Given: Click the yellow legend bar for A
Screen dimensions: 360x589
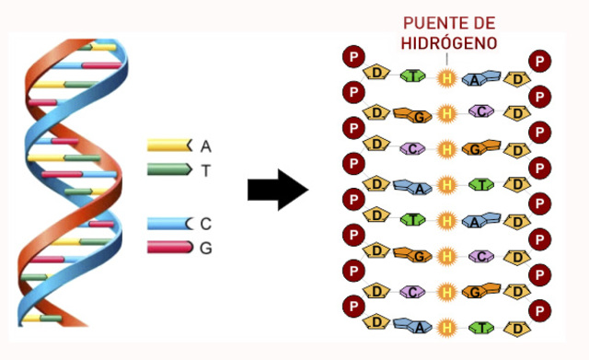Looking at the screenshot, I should click(x=167, y=145).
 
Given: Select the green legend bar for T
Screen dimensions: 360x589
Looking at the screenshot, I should click(x=167, y=170).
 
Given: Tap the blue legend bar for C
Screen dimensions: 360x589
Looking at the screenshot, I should click(x=167, y=224).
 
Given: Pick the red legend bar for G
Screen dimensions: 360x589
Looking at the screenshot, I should click(x=167, y=248).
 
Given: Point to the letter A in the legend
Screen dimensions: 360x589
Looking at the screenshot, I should click(x=205, y=145).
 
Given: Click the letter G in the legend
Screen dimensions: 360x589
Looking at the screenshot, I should click(x=206, y=248).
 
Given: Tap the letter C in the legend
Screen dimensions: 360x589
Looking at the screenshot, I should click(x=206, y=224).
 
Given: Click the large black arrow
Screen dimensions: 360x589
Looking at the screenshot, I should click(x=277, y=191).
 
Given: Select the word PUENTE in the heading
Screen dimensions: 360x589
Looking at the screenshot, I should click(x=432, y=22).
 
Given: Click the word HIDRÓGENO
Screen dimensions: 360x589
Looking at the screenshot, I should click(x=448, y=42).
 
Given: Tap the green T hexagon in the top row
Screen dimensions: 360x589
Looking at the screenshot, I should click(x=412, y=76).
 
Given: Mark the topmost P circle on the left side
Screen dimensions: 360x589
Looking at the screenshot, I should click(x=354, y=58).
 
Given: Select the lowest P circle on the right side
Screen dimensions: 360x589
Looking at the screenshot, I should click(x=541, y=309).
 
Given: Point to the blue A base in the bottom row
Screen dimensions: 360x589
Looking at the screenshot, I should click(x=410, y=326).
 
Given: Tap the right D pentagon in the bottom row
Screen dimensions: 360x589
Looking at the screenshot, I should click(x=519, y=328).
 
